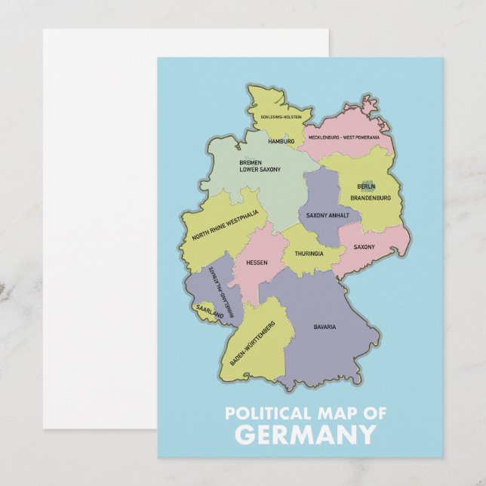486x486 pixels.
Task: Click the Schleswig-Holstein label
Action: [281, 118]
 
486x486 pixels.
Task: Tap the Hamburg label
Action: [281, 141]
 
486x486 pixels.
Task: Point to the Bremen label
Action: [251, 162]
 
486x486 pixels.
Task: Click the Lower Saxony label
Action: [260, 170]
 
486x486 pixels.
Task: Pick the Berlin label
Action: [366, 186]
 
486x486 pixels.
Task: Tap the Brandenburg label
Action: [371, 198]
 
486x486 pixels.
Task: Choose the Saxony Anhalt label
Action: [327, 215]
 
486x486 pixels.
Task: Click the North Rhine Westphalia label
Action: [225, 224]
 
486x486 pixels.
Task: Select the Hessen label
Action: [257, 263]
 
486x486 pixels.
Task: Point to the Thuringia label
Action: [309, 254]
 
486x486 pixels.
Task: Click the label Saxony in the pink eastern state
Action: [364, 247]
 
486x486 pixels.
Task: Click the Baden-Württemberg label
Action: [253, 343]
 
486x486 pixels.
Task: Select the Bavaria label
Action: [325, 327]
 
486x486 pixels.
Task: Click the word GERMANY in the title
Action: [304, 435]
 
